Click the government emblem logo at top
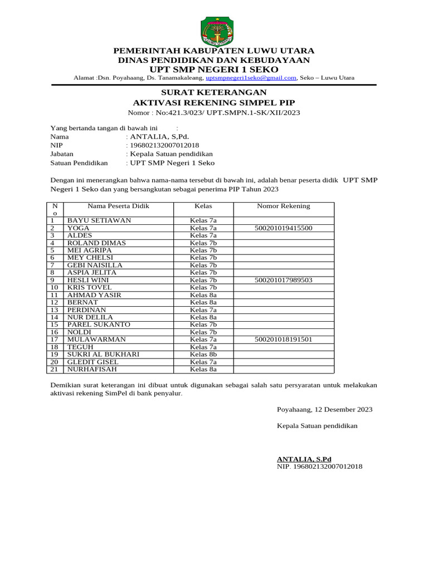click(x=214, y=31)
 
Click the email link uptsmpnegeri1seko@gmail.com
click(x=251, y=78)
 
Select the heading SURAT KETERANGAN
click(x=214, y=92)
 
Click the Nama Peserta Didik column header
click(x=118, y=206)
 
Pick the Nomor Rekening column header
click(x=283, y=206)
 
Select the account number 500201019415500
click(x=283, y=228)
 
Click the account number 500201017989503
click(x=283, y=280)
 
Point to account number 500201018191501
click(x=283, y=340)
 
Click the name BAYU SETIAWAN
click(x=99, y=220)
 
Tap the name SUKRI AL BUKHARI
click(x=103, y=354)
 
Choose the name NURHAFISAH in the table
click(x=93, y=369)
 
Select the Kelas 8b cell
click(x=203, y=354)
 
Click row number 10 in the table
click(x=55, y=287)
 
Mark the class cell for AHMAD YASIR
click(x=203, y=295)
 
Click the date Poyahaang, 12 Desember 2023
click(x=325, y=410)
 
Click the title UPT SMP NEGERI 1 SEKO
click(x=214, y=69)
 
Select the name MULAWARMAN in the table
click(x=96, y=340)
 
